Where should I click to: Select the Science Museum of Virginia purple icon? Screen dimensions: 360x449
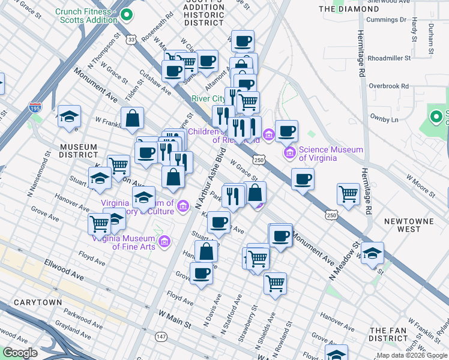pyautogui.click(x=291, y=154)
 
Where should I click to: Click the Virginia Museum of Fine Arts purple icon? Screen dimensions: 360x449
pyautogui.click(x=165, y=242)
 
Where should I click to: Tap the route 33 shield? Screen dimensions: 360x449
pyautogui.click(x=131, y=39)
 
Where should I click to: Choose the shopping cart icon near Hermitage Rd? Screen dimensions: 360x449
pyautogui.click(x=349, y=193)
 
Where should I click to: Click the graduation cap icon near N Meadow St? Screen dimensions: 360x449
pyautogui.click(x=372, y=253)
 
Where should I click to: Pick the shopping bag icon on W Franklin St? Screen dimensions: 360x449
pyautogui.click(x=132, y=118)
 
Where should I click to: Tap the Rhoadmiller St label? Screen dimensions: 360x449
pyautogui.click(x=389, y=58)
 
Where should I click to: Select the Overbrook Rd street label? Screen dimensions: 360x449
pyautogui.click(x=388, y=86)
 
